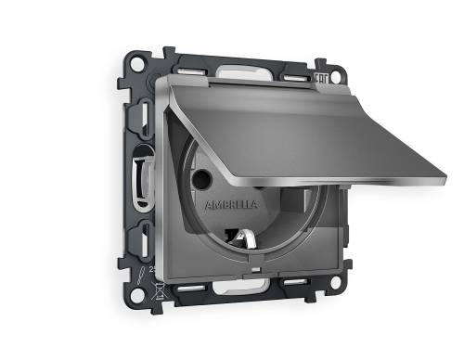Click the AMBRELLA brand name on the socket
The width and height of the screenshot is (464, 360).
(x=226, y=199)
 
